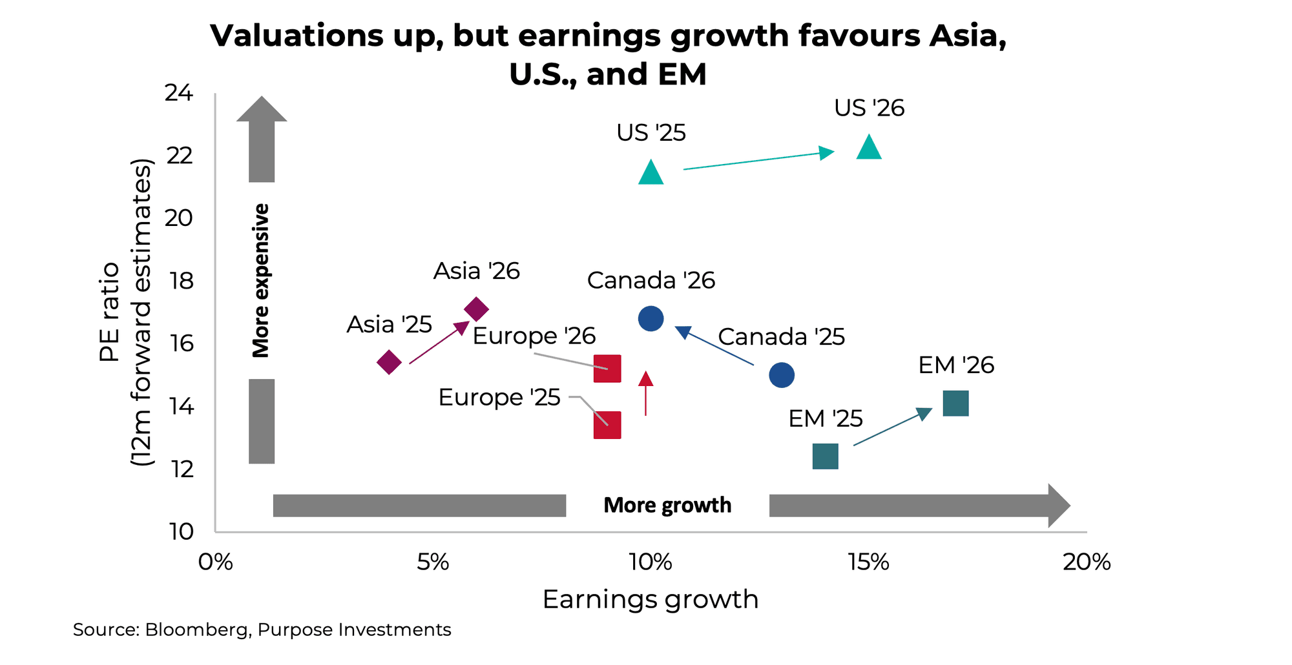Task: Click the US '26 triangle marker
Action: (869, 148)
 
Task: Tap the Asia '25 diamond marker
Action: (389, 362)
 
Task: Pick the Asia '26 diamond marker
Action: (476, 309)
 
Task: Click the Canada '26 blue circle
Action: (651, 318)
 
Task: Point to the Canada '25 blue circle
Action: (782, 375)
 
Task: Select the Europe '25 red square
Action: (607, 425)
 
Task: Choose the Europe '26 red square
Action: (607, 369)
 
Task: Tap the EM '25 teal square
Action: (825, 456)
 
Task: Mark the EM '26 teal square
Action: (955, 404)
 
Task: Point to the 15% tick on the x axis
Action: (868, 562)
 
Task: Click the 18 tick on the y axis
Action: (181, 281)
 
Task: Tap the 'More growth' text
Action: (667, 505)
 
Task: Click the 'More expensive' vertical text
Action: (261, 281)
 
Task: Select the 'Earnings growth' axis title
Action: (650, 599)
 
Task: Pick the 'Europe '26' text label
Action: (534, 336)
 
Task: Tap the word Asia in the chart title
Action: (967, 36)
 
